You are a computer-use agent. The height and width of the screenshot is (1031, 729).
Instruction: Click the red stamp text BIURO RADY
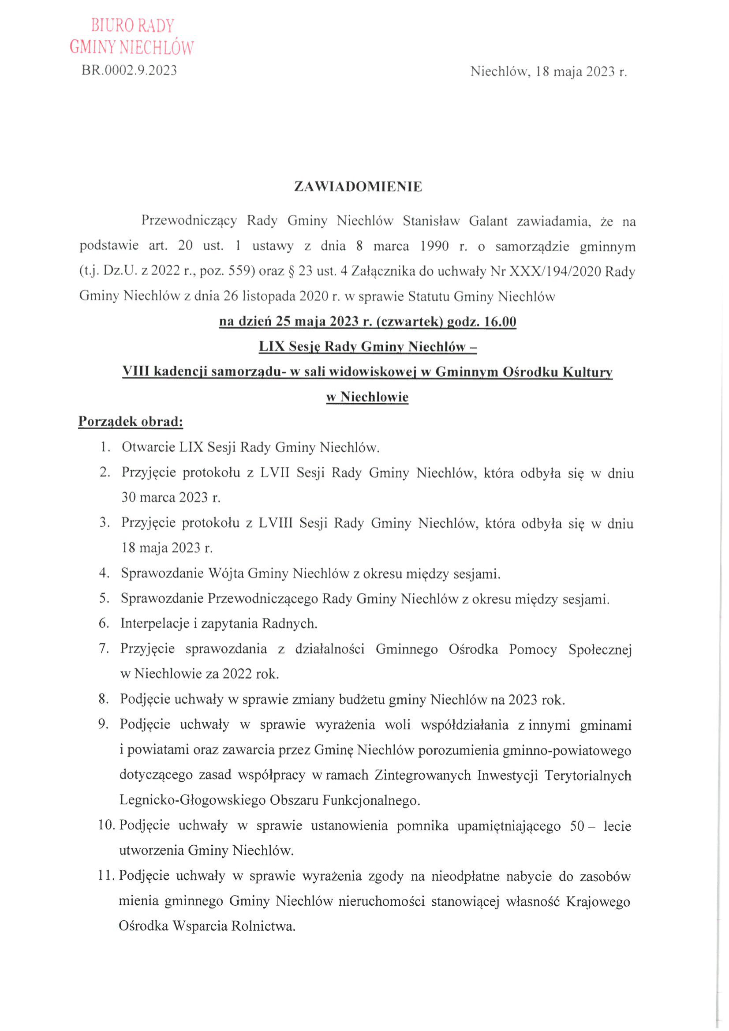[132, 26]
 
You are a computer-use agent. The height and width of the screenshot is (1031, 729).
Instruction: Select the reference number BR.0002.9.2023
[129, 71]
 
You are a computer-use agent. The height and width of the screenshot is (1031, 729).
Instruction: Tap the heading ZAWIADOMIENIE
[358, 187]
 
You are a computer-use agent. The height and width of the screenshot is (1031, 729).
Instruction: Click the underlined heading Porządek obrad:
[131, 422]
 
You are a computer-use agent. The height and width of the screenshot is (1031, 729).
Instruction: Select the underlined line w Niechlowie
[367, 397]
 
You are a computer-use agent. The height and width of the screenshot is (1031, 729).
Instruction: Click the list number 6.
[104, 623]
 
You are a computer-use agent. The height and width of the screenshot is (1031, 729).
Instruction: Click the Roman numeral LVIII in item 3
[275, 523]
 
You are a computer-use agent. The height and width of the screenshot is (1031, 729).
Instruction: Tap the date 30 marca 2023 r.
[171, 497]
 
